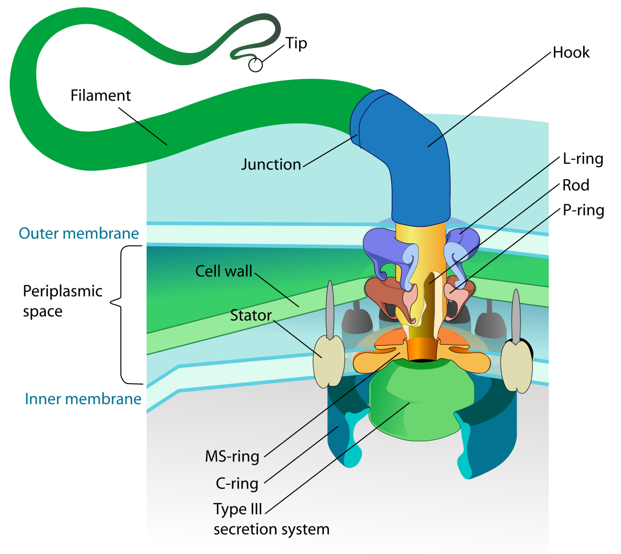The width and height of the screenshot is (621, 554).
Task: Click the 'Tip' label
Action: (x=296, y=43)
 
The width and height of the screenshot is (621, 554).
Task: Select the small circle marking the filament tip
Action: (x=255, y=65)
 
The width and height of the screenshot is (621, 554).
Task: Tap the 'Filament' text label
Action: (x=101, y=96)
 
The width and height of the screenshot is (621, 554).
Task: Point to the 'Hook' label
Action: (x=571, y=52)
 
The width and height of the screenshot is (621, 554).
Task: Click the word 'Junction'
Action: (x=270, y=164)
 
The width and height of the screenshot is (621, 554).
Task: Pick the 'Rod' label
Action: (x=576, y=186)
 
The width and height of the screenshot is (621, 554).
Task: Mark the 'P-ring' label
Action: (x=583, y=210)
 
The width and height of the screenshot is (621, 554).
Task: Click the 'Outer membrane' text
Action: (x=78, y=233)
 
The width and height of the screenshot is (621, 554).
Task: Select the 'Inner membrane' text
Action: (x=83, y=399)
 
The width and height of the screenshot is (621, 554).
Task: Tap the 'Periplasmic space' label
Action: (x=62, y=301)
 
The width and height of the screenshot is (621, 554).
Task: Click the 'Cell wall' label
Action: (x=224, y=271)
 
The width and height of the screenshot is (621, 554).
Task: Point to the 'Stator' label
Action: (x=250, y=314)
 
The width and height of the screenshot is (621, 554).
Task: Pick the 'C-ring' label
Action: (x=237, y=483)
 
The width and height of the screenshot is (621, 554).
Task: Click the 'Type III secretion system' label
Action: (x=271, y=519)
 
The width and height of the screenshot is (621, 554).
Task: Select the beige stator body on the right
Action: (x=516, y=366)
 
